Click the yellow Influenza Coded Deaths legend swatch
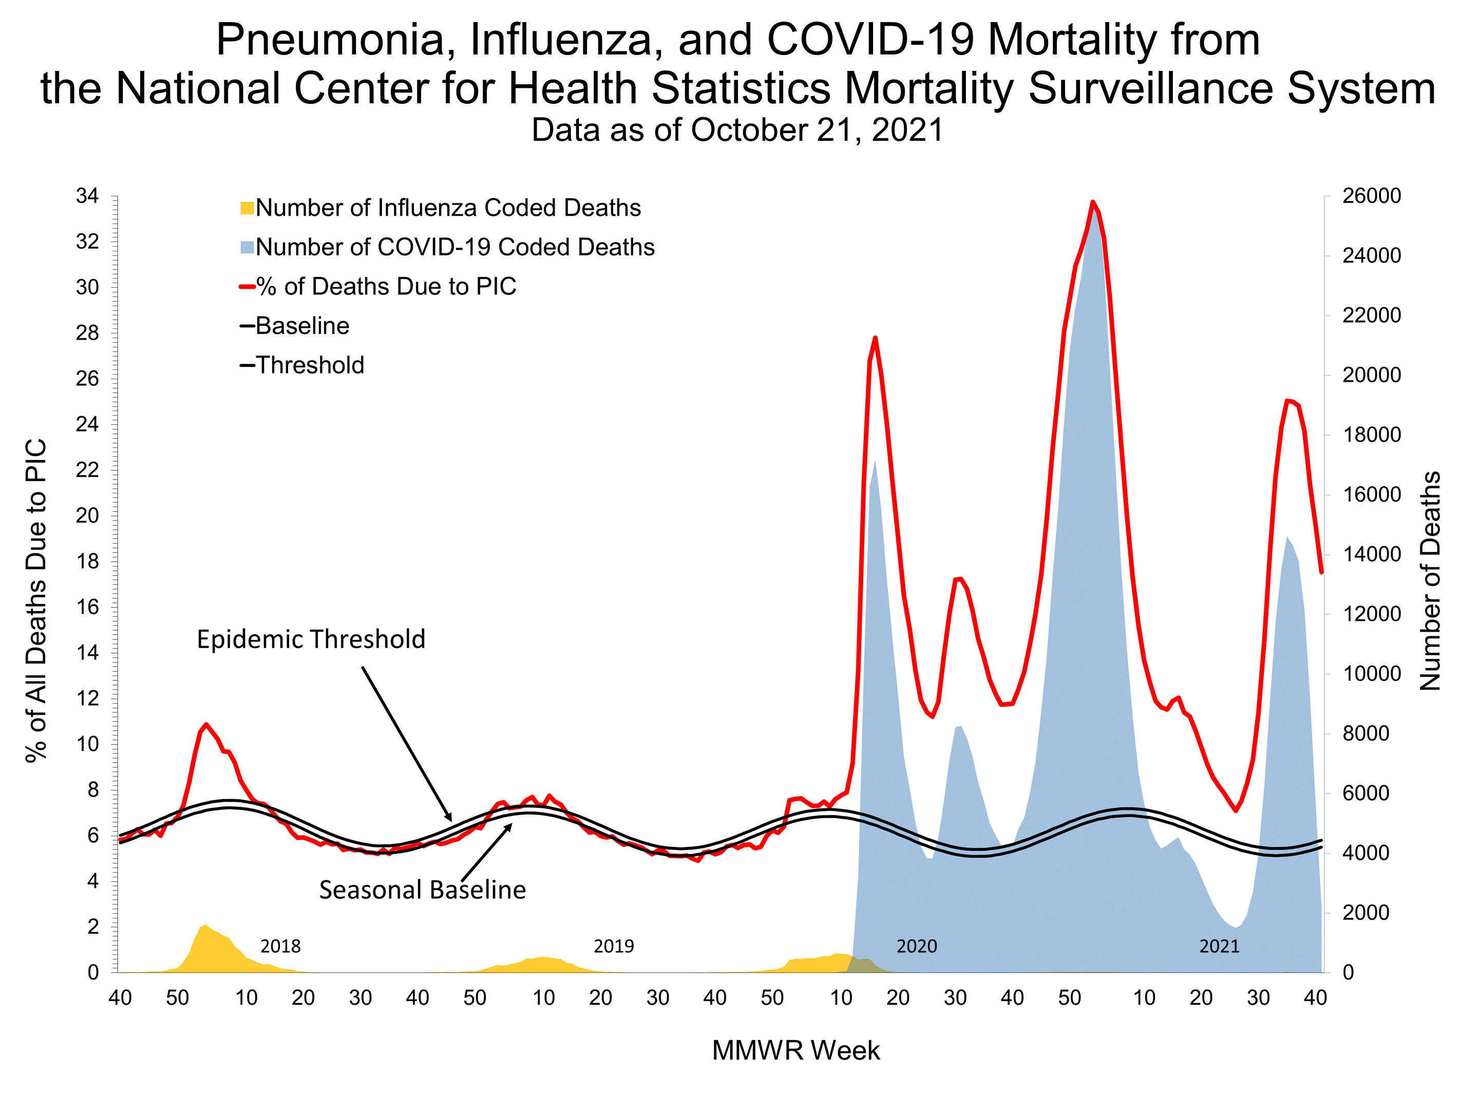246,208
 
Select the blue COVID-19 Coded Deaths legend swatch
246,248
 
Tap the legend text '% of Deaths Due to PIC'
386,286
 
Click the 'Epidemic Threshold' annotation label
311,640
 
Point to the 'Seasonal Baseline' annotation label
422,890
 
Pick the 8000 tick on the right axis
1366,733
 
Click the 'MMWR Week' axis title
795,1050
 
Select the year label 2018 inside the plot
280,946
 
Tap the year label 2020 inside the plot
917,946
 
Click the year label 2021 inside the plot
1219,946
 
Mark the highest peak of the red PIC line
1092,202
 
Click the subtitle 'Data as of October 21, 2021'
737,130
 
